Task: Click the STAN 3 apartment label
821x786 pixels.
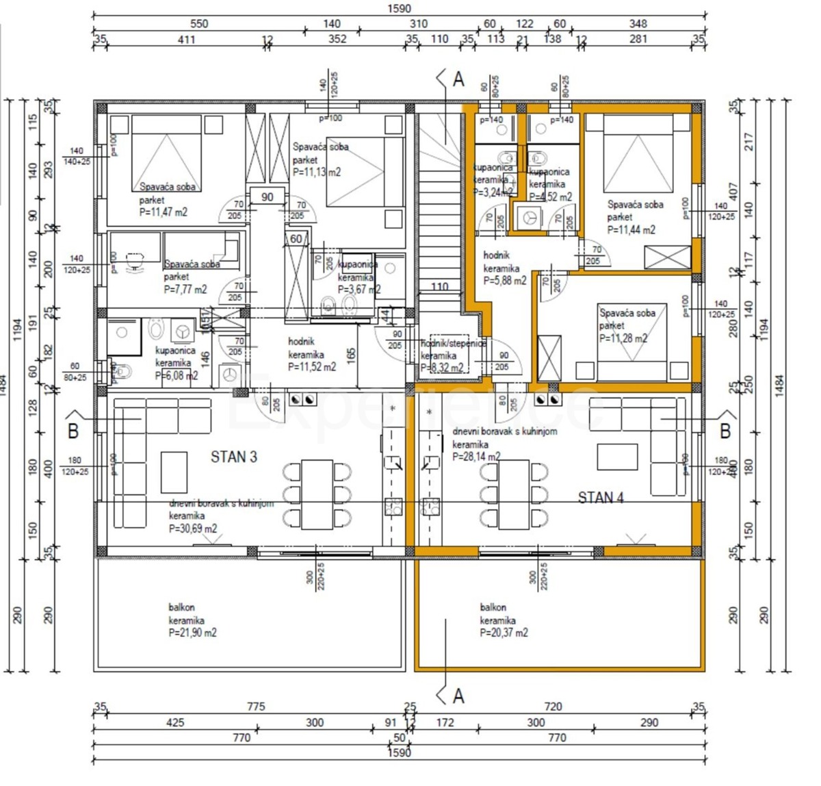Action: [234, 457]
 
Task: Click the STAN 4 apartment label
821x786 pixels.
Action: [601, 498]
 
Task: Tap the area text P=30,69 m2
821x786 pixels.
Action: [193, 529]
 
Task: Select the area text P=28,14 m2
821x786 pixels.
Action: [476, 457]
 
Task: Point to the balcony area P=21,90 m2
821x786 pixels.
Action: [192, 633]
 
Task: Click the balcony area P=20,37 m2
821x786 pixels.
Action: [504, 633]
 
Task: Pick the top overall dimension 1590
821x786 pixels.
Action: [399, 8]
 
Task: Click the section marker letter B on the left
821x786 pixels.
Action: [73, 431]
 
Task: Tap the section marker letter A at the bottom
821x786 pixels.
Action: [458, 696]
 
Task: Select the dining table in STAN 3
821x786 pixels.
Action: [318, 494]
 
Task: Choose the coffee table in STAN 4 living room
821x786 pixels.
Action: [617, 457]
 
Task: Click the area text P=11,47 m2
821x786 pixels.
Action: [164, 212]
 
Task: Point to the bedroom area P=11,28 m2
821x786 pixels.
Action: [623, 338]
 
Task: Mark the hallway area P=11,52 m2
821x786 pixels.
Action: [312, 367]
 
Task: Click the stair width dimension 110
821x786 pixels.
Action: [439, 287]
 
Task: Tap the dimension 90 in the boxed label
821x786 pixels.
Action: [267, 196]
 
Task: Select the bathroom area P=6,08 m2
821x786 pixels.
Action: [177, 375]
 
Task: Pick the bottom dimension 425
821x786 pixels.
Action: [176, 722]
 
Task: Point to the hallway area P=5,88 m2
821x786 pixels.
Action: [505, 281]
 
